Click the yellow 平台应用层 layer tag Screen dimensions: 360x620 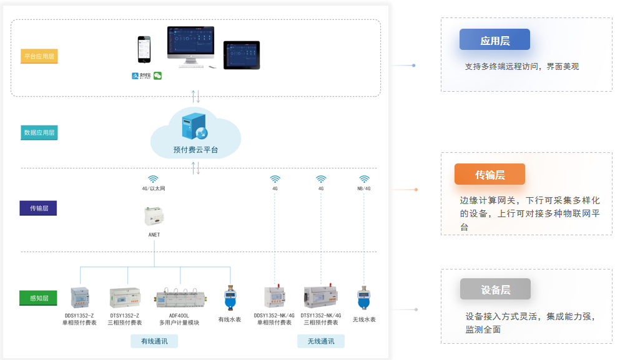(39, 56)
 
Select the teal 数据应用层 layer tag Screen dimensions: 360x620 (39, 132)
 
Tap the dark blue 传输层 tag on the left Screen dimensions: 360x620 (39, 208)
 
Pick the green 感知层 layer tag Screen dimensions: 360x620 (39, 298)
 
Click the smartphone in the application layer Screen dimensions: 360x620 (144, 49)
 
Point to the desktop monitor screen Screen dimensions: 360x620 (190, 42)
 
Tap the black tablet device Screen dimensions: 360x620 (241, 55)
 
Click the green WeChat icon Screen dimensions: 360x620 (158, 75)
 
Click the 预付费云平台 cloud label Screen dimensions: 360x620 (195, 150)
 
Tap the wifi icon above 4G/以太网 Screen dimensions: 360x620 (153, 179)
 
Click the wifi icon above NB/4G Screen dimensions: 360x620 (364, 179)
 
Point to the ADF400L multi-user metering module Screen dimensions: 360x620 (179, 298)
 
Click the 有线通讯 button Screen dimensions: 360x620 (154, 341)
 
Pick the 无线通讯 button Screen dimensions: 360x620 (320, 341)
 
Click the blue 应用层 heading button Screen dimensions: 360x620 (495, 40)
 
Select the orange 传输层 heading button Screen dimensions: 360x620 (490, 175)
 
